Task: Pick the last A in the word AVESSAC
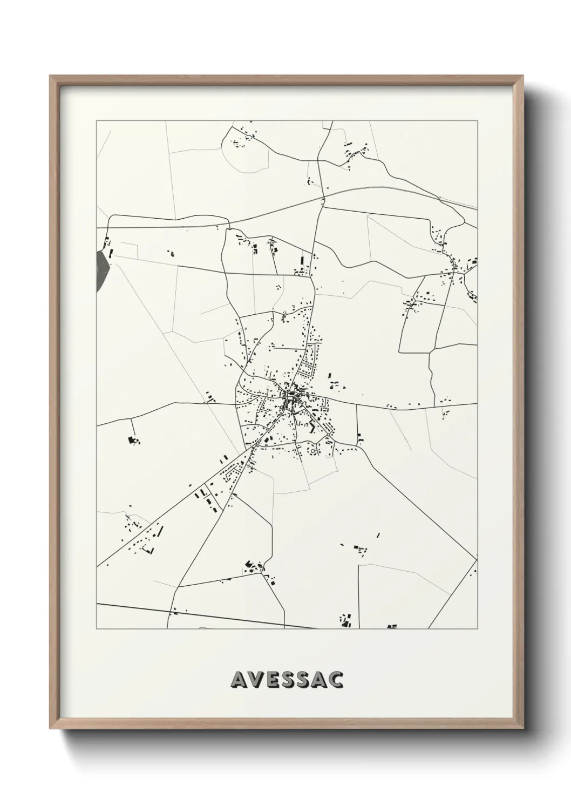320,680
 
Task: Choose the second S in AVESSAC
304,680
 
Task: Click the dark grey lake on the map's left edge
101,269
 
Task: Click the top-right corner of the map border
477,121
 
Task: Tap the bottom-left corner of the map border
97,629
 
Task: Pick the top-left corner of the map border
97,121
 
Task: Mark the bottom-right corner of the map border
477,629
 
